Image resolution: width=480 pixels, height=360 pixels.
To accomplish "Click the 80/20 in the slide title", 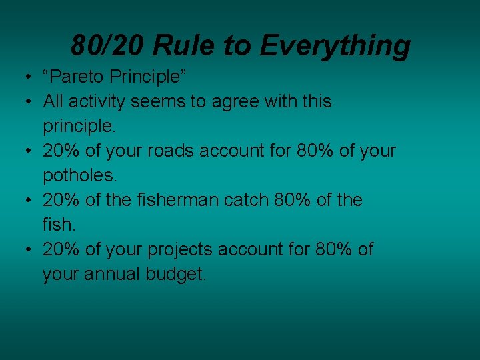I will click(107, 45).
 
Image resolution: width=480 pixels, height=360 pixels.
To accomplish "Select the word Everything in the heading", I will click(335, 45).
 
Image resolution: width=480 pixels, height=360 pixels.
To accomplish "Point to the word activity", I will click(97, 101).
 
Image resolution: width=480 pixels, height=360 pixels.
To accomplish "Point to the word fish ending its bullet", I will click(58, 225).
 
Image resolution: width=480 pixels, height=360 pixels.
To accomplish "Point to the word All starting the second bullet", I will click(53, 101).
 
